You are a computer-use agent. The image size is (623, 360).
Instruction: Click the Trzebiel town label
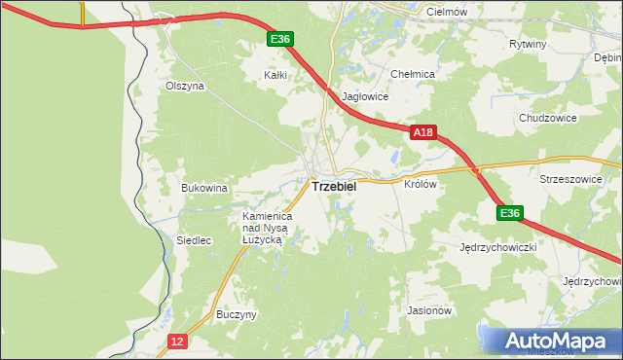[333, 186]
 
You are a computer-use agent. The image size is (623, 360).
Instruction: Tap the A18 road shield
[421, 131]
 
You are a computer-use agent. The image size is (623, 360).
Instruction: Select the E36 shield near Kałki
[280, 39]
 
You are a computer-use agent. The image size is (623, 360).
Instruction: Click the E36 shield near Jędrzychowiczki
[510, 213]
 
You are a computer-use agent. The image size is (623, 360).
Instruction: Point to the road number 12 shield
[176, 342]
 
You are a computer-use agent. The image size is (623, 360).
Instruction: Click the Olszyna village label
[184, 86]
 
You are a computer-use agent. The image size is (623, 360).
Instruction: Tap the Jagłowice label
[366, 97]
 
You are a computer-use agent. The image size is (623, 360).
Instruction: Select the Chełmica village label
[412, 74]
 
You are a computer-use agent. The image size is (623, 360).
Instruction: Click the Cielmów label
[449, 11]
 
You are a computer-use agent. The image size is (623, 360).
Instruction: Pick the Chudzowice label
[548, 118]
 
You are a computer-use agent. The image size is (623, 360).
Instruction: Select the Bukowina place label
[204, 188]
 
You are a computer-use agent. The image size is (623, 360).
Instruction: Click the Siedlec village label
[194, 240]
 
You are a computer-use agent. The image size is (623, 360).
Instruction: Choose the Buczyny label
[237, 315]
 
